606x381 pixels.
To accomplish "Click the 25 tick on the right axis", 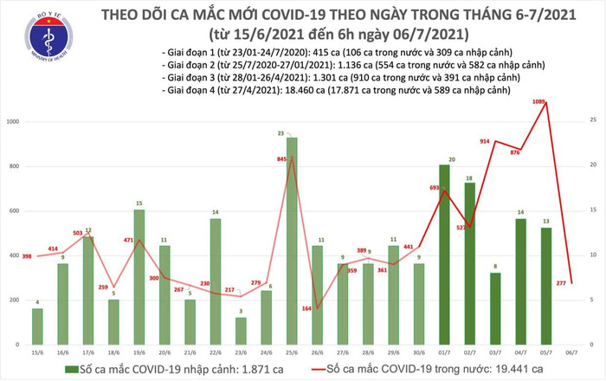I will pyautogui.click(x=589, y=118).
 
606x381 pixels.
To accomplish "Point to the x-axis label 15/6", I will pyautogui.click(x=37, y=353).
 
